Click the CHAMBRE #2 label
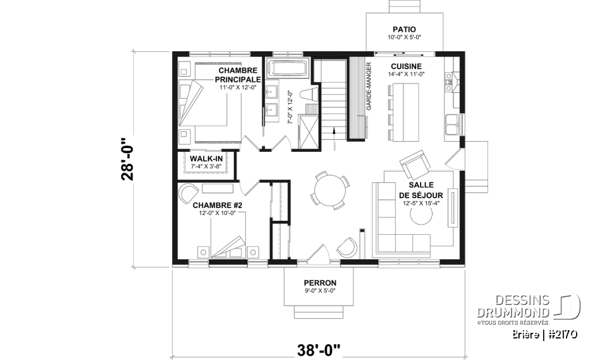218,205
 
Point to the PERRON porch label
319,283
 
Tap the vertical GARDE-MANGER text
367,88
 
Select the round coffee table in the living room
419,216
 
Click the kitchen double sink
452,123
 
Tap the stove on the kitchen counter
450,78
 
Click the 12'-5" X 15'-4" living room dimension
420,204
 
